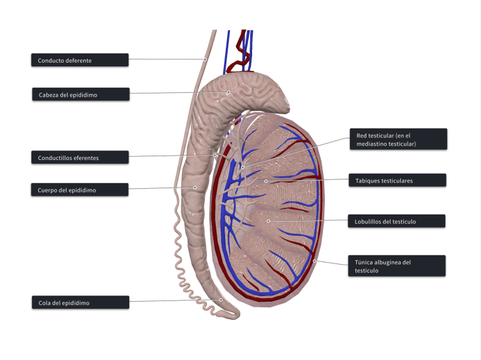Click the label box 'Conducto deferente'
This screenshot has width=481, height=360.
point(80,60)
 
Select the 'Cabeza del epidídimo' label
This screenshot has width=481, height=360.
point(80,94)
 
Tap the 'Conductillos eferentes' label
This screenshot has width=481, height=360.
point(80,157)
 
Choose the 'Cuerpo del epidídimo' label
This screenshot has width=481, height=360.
point(80,189)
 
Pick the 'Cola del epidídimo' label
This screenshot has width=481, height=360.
point(80,303)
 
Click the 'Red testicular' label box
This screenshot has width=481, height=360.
point(398,139)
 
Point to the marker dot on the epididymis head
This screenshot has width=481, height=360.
point(228,92)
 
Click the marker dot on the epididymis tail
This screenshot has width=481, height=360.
point(221,300)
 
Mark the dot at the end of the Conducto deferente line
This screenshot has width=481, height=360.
point(204,60)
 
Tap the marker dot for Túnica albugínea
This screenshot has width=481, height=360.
point(314,260)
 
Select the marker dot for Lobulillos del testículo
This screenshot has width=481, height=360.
point(268,221)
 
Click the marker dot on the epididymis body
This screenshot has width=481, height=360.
point(194,187)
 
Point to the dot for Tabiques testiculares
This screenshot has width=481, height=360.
point(266,181)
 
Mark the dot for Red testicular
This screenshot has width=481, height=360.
point(242,167)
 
